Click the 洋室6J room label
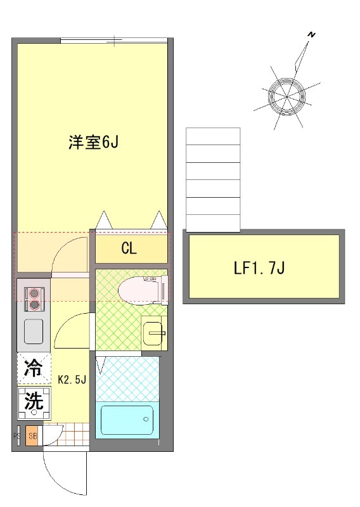(x=94, y=143)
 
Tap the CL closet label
(x=129, y=248)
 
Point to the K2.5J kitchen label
(x=72, y=380)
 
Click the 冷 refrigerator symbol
(x=34, y=368)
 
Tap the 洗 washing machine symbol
(x=34, y=401)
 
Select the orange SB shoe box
(x=32, y=436)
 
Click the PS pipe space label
(x=17, y=436)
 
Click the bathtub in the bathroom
(x=127, y=420)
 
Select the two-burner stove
(x=34, y=298)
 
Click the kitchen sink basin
(x=34, y=330)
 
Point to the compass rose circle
(x=286, y=96)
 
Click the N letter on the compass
(x=311, y=35)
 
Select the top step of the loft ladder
(x=213, y=136)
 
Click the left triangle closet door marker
(x=105, y=221)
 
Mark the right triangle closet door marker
(x=158, y=221)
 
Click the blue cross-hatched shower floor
(x=127, y=378)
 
